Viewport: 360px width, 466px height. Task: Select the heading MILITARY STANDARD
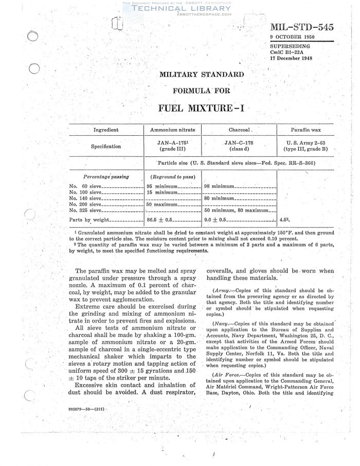202,74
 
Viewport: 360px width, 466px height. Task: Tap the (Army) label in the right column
222,292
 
